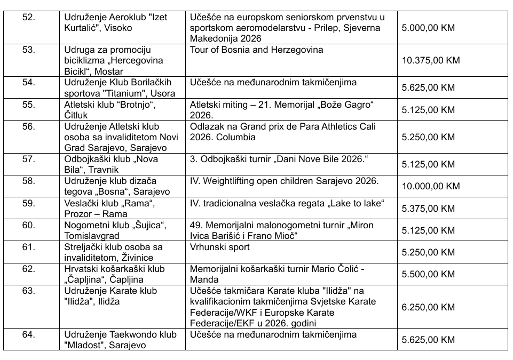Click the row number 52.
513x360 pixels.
coord(29,17)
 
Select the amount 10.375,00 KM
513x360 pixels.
coord(430,60)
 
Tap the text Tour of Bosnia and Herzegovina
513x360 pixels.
coord(256,50)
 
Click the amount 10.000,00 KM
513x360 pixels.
coord(430,186)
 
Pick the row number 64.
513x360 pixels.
coord(29,334)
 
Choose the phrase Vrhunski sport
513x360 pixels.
coord(220,247)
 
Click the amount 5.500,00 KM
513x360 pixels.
coord(428,274)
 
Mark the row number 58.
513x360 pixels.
coord(29,181)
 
